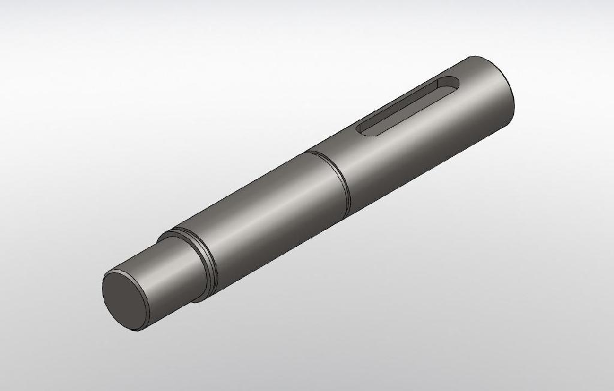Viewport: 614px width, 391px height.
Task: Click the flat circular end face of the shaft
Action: click(x=125, y=300)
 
